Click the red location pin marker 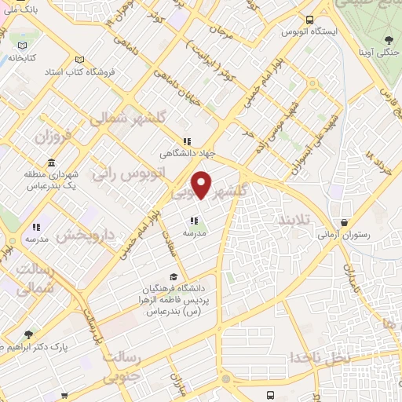[202, 185]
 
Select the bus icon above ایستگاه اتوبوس [310, 20]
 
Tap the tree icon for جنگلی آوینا [389, 39]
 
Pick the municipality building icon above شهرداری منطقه [52, 163]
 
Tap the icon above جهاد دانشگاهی [186, 141]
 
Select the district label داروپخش [88, 235]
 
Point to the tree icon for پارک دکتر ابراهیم [30, 334]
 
